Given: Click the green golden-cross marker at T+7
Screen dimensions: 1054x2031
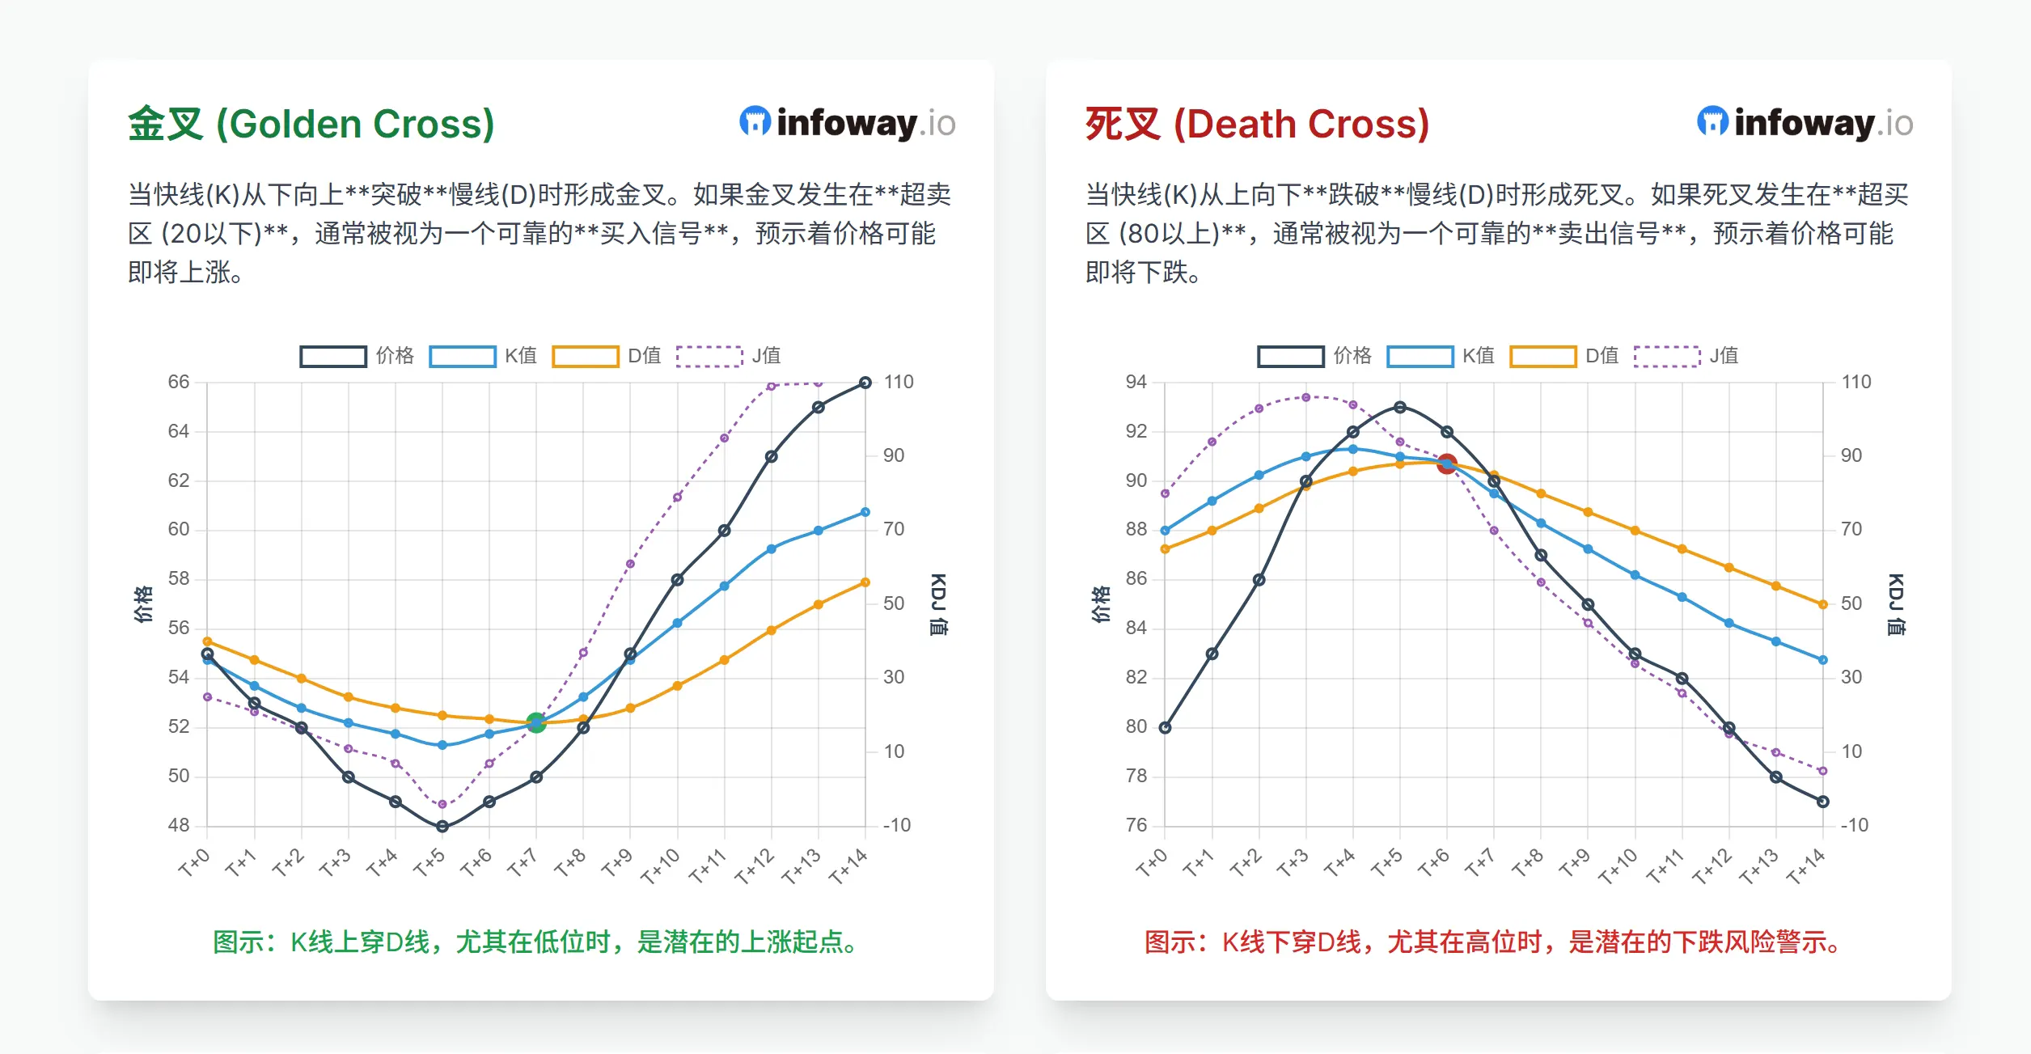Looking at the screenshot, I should pos(535,722).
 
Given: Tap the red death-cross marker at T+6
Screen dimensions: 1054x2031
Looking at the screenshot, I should pos(1446,464).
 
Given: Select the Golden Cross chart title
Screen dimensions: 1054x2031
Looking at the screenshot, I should pos(311,124).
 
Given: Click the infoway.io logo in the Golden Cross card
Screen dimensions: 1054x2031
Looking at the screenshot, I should pos(847,123).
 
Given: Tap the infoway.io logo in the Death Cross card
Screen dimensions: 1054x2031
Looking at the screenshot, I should pos(1805,123).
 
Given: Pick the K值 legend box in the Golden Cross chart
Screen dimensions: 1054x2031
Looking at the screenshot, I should pos(462,356).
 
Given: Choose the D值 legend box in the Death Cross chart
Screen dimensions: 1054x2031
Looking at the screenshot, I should pos(1542,356).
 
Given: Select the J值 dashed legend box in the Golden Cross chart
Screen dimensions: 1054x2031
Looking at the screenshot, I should pos(709,356).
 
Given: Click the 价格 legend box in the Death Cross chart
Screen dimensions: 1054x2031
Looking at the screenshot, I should pos(1290,356).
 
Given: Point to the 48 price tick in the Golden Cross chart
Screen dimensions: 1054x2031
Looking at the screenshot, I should pos(179,825).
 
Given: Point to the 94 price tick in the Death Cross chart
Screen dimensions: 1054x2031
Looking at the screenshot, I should pos(1136,382).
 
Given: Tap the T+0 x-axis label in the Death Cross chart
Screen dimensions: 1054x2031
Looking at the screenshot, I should pos(1151,863).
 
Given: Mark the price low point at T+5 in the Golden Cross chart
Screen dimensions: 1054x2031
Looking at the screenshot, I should pos(442,826).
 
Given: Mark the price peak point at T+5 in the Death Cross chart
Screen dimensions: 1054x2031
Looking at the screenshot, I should pos(1399,407).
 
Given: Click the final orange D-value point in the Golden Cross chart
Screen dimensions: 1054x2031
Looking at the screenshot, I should pos(865,582).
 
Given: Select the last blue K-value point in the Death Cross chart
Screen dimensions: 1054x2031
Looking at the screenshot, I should pos(1822,659).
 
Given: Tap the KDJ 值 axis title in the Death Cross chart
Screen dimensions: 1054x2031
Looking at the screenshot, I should pos(1895,604).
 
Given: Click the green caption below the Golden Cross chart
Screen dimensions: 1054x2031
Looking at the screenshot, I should pos(535,942).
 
